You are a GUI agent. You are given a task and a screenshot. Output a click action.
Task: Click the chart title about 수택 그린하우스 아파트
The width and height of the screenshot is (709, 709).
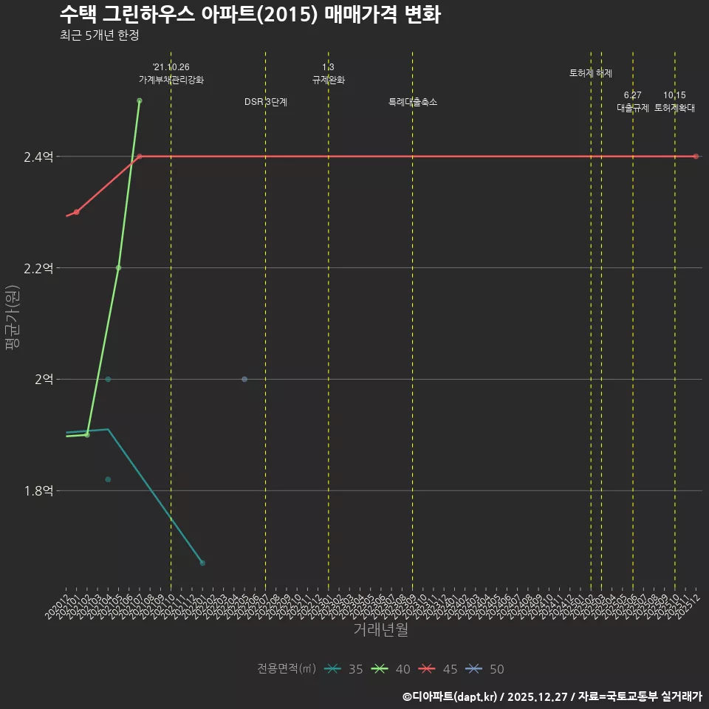[x=250, y=14]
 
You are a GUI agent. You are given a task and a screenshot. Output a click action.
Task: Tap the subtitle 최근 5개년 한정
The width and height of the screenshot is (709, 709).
[x=99, y=35]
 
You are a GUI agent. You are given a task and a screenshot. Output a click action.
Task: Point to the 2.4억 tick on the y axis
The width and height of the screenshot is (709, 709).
[x=38, y=157]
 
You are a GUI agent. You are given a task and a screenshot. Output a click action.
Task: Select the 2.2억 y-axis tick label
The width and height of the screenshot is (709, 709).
[x=38, y=268]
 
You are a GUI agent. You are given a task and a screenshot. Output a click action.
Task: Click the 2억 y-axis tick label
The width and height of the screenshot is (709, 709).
[x=43, y=379]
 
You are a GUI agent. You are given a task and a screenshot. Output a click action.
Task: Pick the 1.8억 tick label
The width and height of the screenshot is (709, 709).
[x=38, y=490]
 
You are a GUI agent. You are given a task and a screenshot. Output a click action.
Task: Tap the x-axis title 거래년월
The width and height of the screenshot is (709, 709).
[x=380, y=630]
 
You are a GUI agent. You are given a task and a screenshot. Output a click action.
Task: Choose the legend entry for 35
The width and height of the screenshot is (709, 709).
[x=343, y=669]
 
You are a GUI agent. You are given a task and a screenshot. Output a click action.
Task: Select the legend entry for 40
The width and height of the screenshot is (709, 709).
[x=391, y=669]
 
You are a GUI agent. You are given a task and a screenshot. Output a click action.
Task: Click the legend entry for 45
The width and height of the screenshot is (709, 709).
[x=439, y=669]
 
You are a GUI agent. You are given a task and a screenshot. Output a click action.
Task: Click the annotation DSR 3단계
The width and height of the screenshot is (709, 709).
[x=266, y=102]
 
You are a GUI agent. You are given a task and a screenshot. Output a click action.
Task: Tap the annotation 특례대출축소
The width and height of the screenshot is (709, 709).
[x=413, y=102]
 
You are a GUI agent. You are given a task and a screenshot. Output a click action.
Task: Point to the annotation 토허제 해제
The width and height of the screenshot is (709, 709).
[x=591, y=73]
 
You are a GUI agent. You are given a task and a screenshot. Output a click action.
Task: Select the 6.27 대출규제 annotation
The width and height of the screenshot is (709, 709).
[x=633, y=101]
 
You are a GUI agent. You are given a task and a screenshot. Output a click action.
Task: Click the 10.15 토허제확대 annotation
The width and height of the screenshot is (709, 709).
[x=674, y=101]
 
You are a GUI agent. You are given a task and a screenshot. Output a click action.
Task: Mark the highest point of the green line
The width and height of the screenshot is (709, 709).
[x=140, y=100]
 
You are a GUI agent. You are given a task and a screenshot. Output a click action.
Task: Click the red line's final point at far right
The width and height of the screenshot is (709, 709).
[x=696, y=157]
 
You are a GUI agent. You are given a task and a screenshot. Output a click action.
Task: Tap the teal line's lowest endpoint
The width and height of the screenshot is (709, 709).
[x=202, y=563]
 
